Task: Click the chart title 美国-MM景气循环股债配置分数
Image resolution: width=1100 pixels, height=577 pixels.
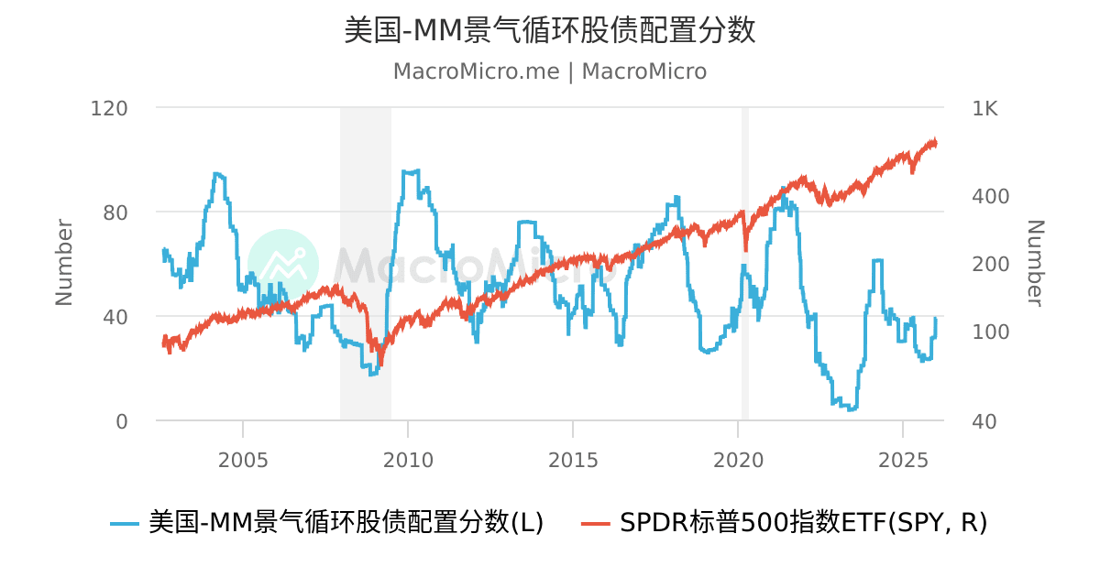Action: [x=550, y=29]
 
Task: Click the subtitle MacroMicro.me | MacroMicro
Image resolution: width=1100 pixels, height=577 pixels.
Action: [x=550, y=71]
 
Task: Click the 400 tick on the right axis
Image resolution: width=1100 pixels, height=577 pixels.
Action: [x=990, y=196]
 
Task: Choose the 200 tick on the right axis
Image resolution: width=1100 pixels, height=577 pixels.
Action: [x=990, y=264]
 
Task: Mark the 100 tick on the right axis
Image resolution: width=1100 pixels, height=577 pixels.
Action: [x=990, y=332]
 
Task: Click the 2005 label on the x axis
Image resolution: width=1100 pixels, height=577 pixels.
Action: [x=243, y=457]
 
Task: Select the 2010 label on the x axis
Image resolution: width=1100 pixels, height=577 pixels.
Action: [x=408, y=457]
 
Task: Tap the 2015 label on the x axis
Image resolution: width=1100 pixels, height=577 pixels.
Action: [x=573, y=457]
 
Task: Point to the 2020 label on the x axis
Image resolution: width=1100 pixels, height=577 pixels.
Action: [x=738, y=457]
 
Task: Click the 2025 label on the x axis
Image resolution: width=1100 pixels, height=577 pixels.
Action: [x=903, y=457]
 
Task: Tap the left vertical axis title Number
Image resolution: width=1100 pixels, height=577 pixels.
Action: [x=64, y=262]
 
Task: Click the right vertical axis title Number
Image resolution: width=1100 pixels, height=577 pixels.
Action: [x=1035, y=262]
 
